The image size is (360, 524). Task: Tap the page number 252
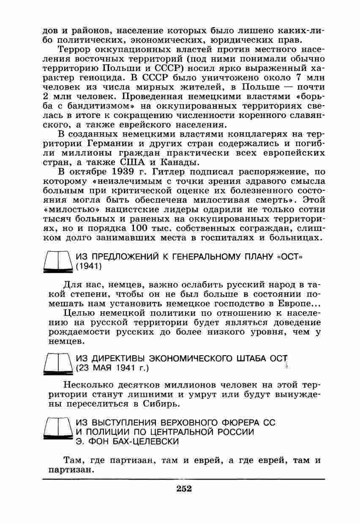(184, 489)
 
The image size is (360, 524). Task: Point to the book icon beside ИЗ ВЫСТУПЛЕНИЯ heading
(59, 431)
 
